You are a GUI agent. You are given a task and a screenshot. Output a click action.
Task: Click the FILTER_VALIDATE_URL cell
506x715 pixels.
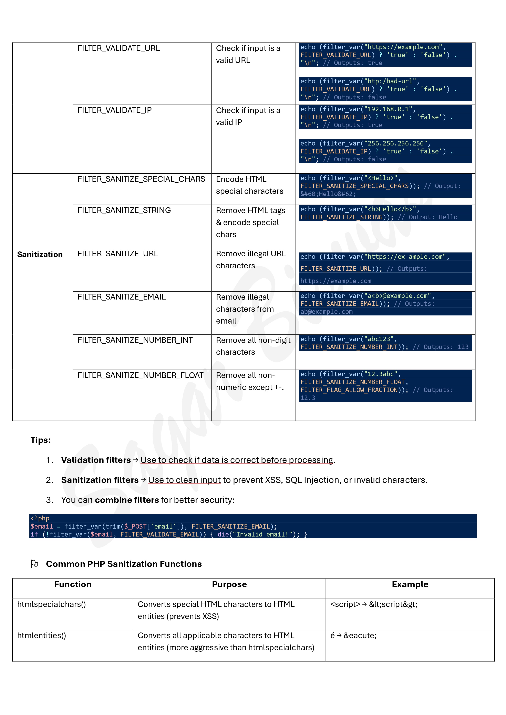point(118,48)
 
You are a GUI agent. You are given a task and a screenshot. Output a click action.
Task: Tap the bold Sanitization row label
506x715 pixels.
point(40,254)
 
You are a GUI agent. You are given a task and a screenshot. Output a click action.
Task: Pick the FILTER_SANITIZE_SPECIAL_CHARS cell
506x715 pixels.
point(141,179)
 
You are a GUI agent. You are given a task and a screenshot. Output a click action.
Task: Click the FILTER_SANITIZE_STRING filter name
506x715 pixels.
point(124,210)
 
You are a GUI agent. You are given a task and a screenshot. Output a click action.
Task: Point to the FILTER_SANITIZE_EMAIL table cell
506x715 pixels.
point(122,297)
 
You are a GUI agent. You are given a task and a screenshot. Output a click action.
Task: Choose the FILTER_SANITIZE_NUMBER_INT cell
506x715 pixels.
point(135,340)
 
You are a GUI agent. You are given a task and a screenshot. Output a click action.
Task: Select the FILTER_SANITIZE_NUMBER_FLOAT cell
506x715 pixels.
point(140,375)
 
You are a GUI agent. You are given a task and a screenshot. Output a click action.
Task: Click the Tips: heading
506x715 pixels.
point(41,440)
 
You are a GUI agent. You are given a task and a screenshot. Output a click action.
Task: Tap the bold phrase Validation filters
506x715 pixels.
point(96,460)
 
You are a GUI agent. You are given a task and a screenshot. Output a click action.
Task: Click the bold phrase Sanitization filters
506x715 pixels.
point(100,480)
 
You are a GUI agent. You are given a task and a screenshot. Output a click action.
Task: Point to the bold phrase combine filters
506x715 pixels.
point(127,500)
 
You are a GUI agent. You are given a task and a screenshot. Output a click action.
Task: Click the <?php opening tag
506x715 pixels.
point(40,518)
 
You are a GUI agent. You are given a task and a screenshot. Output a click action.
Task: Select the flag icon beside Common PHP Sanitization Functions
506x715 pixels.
point(35,564)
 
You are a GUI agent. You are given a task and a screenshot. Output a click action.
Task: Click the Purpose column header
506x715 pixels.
point(229,584)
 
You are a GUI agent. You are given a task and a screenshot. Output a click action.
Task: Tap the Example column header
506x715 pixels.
point(410,584)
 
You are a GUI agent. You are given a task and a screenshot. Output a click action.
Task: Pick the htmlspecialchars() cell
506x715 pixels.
point(51,604)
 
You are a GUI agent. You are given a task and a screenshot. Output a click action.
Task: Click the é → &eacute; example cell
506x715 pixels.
point(353,635)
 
